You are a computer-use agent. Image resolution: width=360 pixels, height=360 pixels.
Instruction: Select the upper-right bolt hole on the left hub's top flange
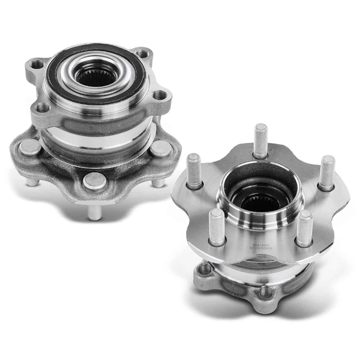coord(142,54)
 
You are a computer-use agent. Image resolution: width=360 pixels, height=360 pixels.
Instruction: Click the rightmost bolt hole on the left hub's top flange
coord(158,94)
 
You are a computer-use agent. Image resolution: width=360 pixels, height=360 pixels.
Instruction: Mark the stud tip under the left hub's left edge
coord(31,181)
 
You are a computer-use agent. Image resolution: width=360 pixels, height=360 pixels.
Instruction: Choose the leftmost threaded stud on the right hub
coord(193,171)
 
